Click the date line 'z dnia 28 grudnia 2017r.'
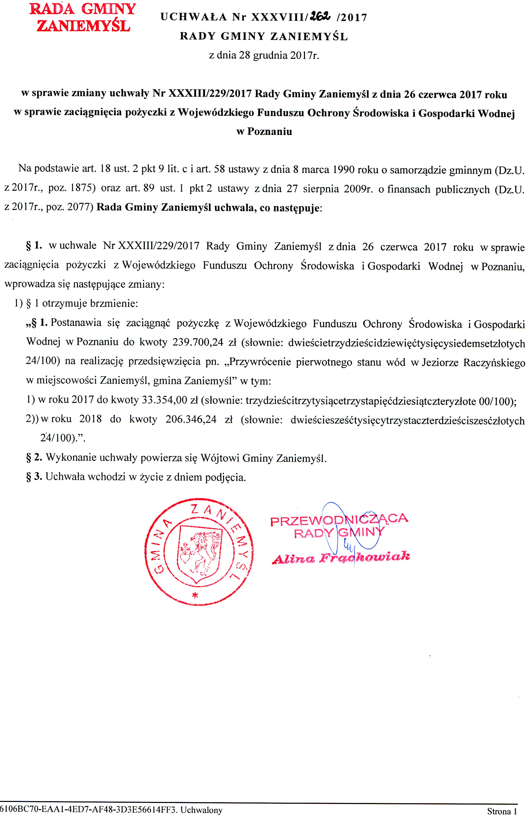click(264, 55)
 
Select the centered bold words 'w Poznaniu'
click(264, 131)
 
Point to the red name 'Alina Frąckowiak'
click(341, 558)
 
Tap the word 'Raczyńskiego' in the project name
click(494, 362)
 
